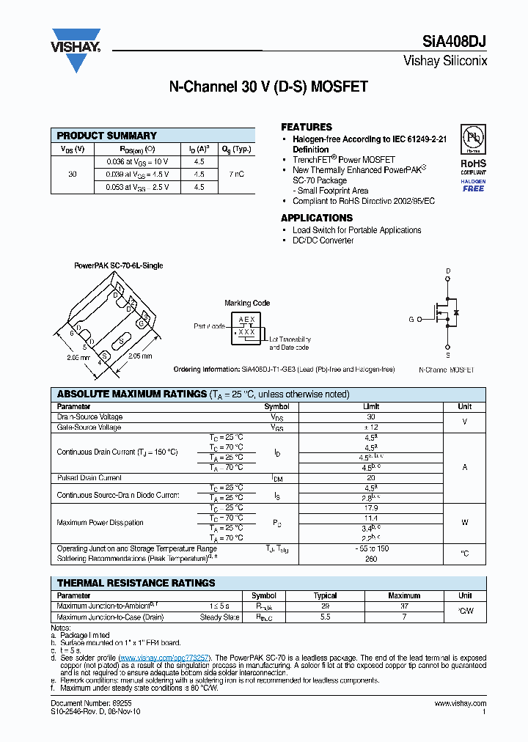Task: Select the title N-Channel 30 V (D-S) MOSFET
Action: pyautogui.click(x=268, y=87)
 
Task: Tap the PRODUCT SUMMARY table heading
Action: pyautogui.click(x=107, y=136)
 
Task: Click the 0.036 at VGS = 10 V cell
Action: pyautogui.click(x=137, y=161)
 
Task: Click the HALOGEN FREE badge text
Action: pyautogui.click(x=473, y=185)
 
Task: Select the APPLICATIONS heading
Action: pyautogui.click(x=317, y=218)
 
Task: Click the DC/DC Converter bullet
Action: pyautogui.click(x=323, y=240)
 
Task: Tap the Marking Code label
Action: pyautogui.click(x=247, y=303)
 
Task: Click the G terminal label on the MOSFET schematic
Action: pyautogui.click(x=411, y=319)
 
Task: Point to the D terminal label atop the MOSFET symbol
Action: pyautogui.click(x=448, y=271)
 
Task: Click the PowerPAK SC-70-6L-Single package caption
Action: pyautogui.click(x=118, y=265)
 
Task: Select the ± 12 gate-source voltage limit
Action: pyautogui.click(x=370, y=427)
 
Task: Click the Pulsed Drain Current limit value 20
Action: pyautogui.click(x=370, y=477)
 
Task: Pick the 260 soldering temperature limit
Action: pyautogui.click(x=370, y=559)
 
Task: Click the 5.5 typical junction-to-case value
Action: pyautogui.click(x=326, y=617)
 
